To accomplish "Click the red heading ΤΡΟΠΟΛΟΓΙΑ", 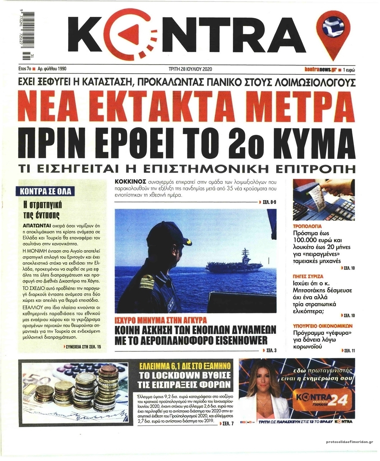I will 307,227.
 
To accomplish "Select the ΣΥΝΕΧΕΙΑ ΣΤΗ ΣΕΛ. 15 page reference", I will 83,347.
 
